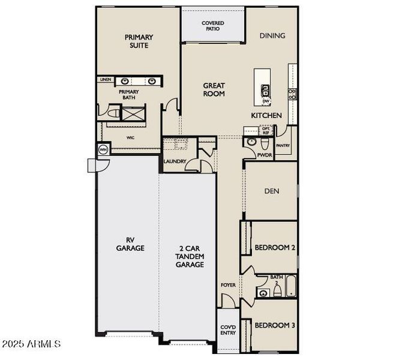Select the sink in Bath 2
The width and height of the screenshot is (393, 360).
(x=263, y=293)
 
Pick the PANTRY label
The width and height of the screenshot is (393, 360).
(x=283, y=145)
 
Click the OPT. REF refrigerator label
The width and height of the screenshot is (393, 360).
(x=266, y=131)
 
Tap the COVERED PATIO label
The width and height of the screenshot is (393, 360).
(x=213, y=26)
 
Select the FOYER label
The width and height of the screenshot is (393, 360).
(x=228, y=286)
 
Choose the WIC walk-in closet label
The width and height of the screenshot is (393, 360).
(x=131, y=137)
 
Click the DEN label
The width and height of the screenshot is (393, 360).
(x=272, y=191)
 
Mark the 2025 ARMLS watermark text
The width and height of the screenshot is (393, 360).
(x=31, y=344)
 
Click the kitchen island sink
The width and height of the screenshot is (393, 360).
(x=265, y=91)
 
